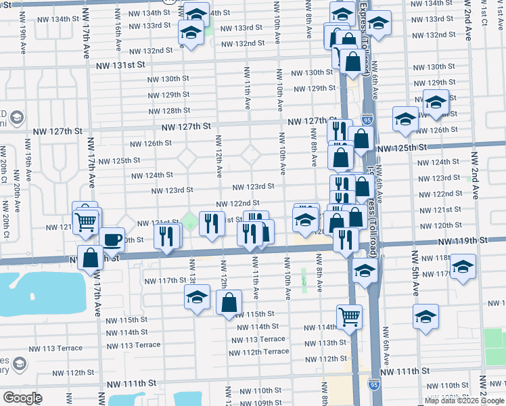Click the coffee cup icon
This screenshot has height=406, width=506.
click(112, 239)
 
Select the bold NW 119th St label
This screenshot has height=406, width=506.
click(462, 241)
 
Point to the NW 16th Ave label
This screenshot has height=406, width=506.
click(118, 37)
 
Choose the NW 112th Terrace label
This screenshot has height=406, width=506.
click(266, 351)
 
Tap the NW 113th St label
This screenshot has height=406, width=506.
click(324, 343)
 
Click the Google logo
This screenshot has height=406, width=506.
click(22, 397)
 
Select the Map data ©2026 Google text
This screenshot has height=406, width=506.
click(464, 401)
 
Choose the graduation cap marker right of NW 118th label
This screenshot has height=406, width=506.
click(463, 265)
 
